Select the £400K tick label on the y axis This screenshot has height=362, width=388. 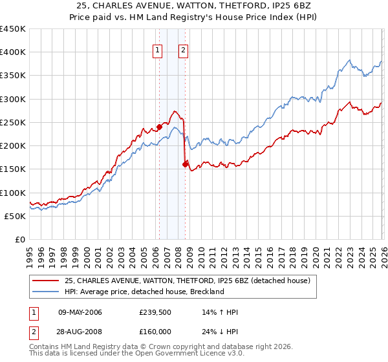[x=13, y=52]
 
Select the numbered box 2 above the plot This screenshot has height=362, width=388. [x=184, y=51]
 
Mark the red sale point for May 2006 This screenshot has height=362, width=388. [x=159, y=127]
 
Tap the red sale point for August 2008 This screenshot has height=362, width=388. [x=186, y=164]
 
